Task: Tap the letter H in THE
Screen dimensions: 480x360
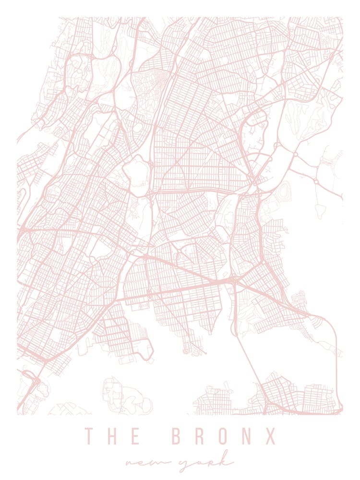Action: (112, 436)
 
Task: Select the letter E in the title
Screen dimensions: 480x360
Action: (134, 436)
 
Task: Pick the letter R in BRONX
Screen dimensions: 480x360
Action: (200, 436)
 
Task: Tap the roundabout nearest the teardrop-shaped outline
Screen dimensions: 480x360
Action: (317, 182)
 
